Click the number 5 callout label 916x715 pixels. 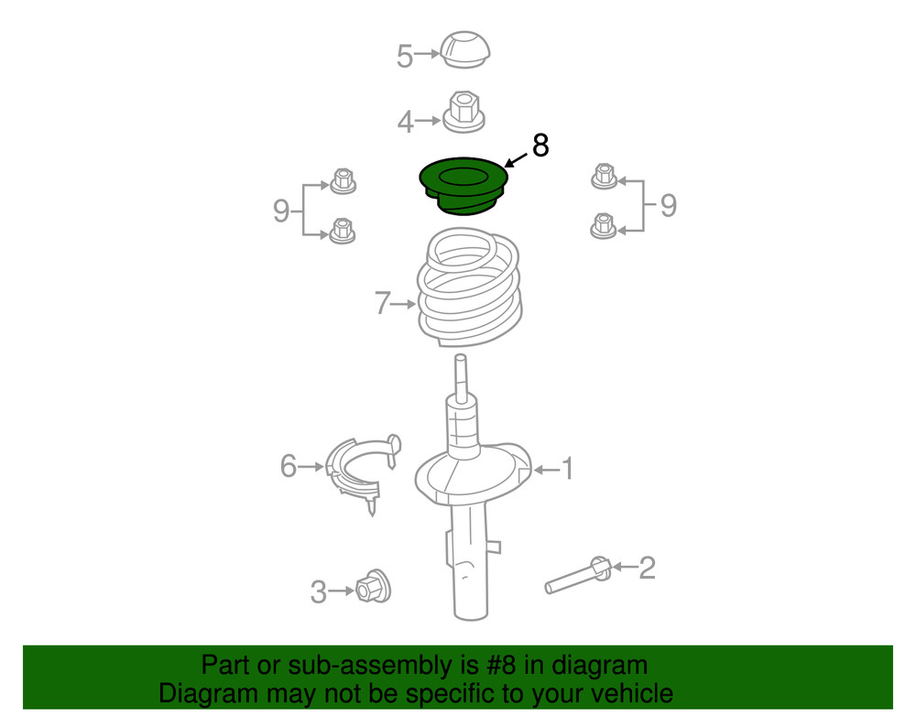405,56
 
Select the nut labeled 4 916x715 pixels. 465,114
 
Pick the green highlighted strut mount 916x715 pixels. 463,184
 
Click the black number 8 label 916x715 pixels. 540,145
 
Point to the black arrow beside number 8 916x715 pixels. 516,161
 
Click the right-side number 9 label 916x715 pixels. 668,205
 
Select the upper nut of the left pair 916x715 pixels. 342,180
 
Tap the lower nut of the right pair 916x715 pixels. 602,225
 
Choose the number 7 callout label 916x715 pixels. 383,303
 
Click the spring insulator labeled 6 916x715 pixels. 363,471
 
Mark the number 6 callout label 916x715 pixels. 289,467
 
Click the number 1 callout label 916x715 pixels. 567,470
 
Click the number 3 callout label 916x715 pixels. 317,592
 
